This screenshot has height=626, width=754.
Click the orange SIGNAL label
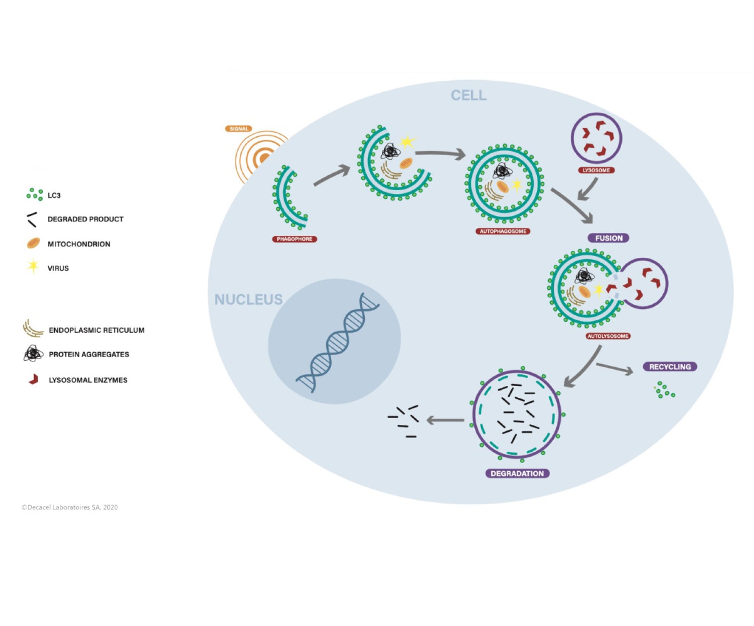click(x=239, y=129)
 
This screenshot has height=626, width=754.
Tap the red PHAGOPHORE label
click(x=294, y=239)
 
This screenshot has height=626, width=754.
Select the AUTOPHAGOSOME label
click(x=503, y=231)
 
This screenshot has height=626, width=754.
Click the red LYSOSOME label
click(x=596, y=170)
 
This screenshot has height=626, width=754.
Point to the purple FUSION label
click(x=608, y=238)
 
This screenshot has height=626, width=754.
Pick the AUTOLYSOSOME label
click(x=608, y=336)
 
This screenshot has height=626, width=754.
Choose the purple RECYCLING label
click(x=670, y=366)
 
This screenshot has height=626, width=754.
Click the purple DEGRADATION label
click(x=517, y=474)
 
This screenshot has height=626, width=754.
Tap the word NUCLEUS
click(x=249, y=299)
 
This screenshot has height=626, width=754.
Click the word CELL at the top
click(x=468, y=95)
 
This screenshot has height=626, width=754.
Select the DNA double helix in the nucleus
click(x=338, y=342)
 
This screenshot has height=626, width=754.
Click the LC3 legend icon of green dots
click(x=35, y=194)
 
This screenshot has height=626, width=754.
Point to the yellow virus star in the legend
click(x=33, y=266)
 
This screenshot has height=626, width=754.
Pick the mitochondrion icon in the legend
click(x=33, y=243)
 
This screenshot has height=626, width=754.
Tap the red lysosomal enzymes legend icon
click(x=33, y=379)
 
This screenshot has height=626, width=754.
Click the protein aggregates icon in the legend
click(x=33, y=354)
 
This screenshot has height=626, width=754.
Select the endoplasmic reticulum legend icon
click(x=33, y=329)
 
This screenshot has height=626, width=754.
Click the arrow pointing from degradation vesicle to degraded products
click(x=445, y=420)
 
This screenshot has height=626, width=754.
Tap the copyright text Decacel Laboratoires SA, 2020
click(x=70, y=507)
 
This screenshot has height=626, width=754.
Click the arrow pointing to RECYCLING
click(x=615, y=368)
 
